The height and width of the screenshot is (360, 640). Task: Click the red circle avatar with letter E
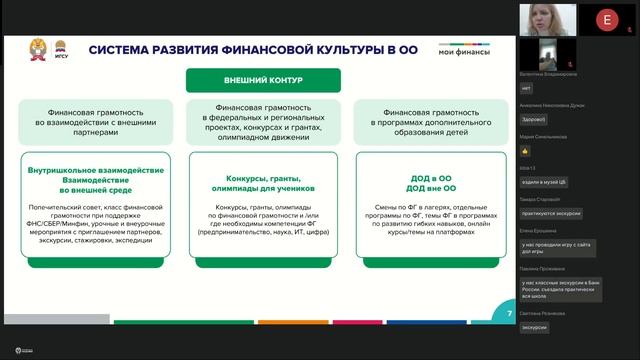pos(606,19)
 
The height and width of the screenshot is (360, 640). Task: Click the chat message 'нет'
pos(527,88)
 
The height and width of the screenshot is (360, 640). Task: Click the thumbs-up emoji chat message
pos(525,150)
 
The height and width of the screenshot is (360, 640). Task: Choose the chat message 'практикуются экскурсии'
pos(550,211)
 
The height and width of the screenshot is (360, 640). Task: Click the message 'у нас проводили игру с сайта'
pos(555,243)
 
